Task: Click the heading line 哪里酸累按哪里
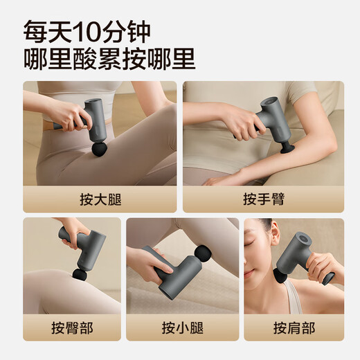click(109, 59)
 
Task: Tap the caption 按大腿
click(100, 199)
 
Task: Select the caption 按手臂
click(263, 199)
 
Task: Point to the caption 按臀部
click(71, 327)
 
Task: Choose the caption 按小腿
click(182, 327)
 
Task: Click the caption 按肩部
click(294, 327)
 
